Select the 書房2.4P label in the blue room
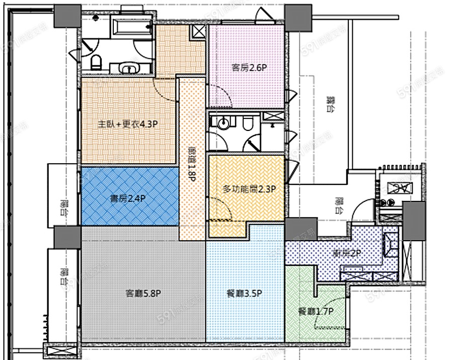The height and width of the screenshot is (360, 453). click(128, 198)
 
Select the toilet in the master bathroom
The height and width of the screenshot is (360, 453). click(96, 62)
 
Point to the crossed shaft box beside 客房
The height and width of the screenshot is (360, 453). click(199, 32)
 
